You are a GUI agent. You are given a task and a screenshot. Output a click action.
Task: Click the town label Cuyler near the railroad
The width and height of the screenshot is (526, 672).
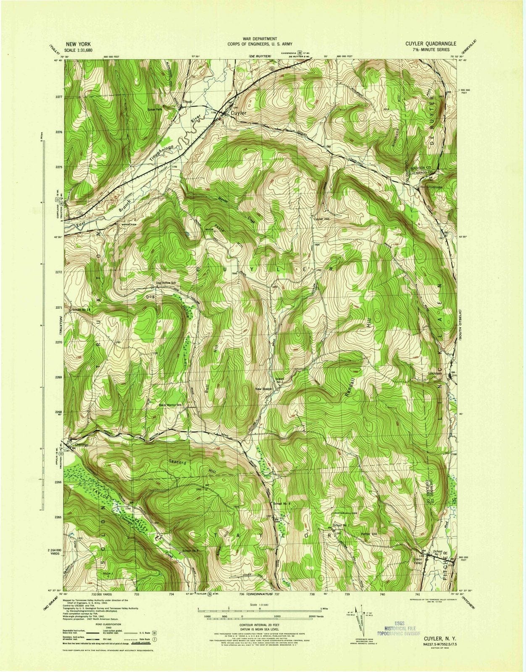click(x=237, y=113)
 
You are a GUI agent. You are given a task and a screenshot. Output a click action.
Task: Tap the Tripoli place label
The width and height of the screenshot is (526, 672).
click(x=187, y=102)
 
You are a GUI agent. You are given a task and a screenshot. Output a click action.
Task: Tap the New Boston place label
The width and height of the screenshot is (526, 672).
click(x=264, y=389)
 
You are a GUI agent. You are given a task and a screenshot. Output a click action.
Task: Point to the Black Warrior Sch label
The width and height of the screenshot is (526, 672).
click(x=170, y=405)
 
